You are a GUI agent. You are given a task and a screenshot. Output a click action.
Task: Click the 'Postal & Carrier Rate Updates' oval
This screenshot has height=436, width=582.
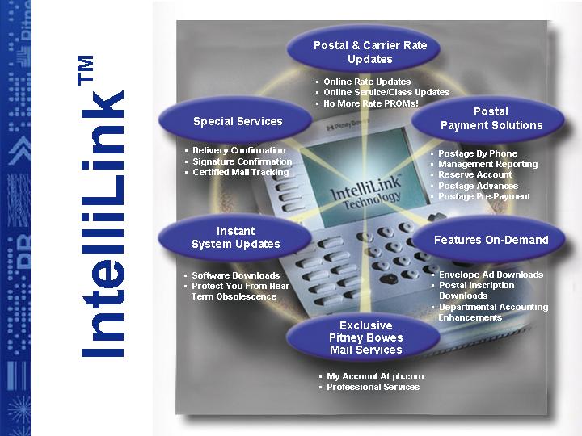[x=364, y=49]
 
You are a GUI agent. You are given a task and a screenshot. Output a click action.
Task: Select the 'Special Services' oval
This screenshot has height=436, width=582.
[x=235, y=119]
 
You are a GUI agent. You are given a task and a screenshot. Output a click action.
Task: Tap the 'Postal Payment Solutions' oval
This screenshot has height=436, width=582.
[x=488, y=119]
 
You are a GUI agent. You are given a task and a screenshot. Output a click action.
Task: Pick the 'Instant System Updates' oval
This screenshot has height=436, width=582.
[x=235, y=237]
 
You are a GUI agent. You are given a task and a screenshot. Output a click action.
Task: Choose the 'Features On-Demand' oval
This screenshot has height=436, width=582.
[x=489, y=240]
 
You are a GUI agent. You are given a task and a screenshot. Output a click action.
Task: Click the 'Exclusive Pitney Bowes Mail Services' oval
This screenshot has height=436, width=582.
[x=364, y=337]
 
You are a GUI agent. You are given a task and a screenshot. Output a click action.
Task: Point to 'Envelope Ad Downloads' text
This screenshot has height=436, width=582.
[x=491, y=275]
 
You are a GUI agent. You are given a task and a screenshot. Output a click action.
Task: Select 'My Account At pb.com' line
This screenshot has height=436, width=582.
[x=375, y=376]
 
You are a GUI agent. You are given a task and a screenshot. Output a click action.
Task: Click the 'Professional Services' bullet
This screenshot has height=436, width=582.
[x=373, y=387]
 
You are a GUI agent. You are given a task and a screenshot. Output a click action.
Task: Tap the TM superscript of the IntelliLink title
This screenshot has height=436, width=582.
[x=86, y=70]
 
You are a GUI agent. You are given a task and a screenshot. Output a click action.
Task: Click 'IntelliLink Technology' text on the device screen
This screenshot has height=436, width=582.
[x=366, y=192]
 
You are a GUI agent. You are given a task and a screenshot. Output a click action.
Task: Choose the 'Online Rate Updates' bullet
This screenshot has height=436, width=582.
[x=367, y=82]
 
